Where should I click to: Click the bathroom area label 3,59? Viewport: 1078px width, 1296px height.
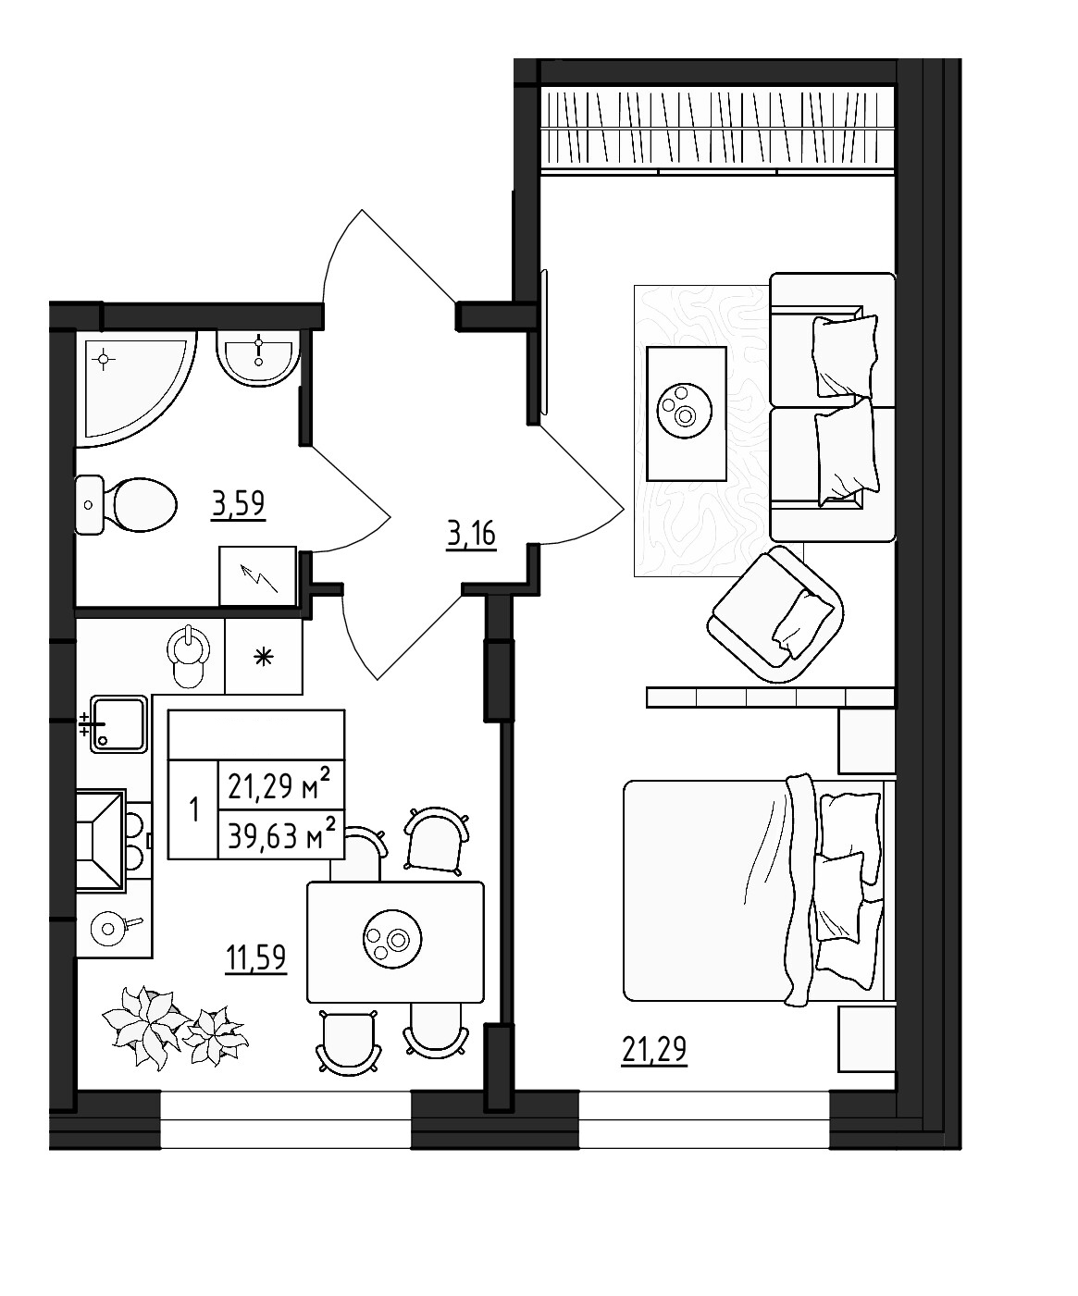click(x=239, y=505)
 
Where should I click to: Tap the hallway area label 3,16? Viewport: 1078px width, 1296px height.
click(x=471, y=535)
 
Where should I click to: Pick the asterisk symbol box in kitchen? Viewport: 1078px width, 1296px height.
click(x=265, y=658)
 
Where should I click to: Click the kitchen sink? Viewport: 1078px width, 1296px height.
click(x=118, y=723)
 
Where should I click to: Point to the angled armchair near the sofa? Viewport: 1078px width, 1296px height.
click(x=776, y=614)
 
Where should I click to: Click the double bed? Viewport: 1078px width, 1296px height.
click(x=754, y=891)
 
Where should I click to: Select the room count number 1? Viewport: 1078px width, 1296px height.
click(x=193, y=811)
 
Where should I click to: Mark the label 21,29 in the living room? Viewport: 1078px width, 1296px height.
click(x=655, y=1051)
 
